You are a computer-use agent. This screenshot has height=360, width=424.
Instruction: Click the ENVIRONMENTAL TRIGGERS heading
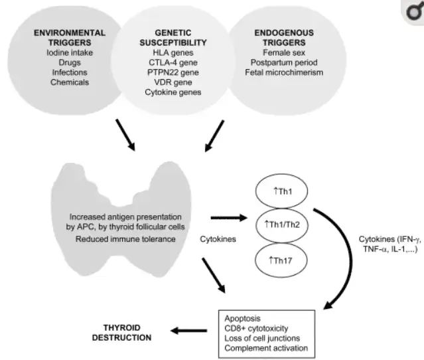pyautogui.click(x=70, y=38)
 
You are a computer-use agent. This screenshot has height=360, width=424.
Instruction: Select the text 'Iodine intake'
pyautogui.click(x=70, y=52)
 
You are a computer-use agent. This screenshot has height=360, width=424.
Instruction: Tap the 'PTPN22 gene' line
pyautogui.click(x=173, y=72)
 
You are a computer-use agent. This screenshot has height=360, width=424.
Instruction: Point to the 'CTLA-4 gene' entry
pyautogui.click(x=173, y=62)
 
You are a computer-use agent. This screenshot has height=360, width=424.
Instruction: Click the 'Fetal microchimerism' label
pyautogui.click(x=284, y=72)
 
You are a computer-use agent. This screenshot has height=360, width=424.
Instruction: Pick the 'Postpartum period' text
pyautogui.click(x=284, y=62)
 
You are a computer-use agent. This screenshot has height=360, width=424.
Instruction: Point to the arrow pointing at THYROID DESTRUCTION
pyautogui.click(x=188, y=331)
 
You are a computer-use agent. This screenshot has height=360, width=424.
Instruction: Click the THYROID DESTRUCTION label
pyautogui.click(x=121, y=333)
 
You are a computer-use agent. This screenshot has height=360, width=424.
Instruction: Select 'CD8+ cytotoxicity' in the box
pyautogui.click(x=256, y=328)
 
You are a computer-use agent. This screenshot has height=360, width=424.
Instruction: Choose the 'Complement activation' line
pyautogui.click(x=266, y=348)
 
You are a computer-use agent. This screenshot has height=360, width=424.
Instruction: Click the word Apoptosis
pyautogui.click(x=242, y=318)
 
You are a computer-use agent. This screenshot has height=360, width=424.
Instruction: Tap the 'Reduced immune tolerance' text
pyautogui.click(x=125, y=239)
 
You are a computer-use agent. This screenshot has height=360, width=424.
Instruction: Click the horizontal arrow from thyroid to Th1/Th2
pyautogui.click(x=229, y=218)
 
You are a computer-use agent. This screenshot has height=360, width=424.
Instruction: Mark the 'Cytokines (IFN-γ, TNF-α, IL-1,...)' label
pyautogui.click(x=390, y=244)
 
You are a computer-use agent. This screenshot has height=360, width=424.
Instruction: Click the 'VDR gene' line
pyautogui.click(x=173, y=82)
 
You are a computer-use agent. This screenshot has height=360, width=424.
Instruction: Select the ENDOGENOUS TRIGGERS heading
pyautogui.click(x=284, y=38)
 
